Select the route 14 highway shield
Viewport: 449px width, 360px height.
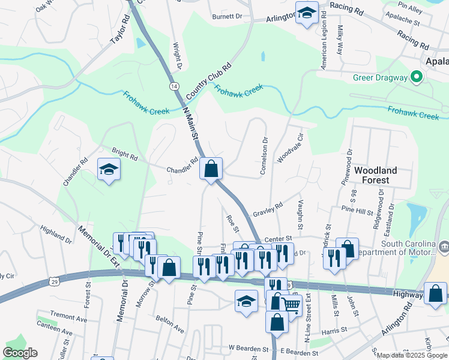click(x=174, y=86)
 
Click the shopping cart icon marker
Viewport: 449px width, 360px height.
click(x=292, y=305)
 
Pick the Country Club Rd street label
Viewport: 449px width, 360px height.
click(x=208, y=82)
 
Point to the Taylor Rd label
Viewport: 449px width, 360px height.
click(x=120, y=31)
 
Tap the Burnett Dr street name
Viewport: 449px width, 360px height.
click(x=226, y=17)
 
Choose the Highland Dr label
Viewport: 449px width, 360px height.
click(x=56, y=235)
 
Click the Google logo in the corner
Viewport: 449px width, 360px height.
click(x=20, y=353)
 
